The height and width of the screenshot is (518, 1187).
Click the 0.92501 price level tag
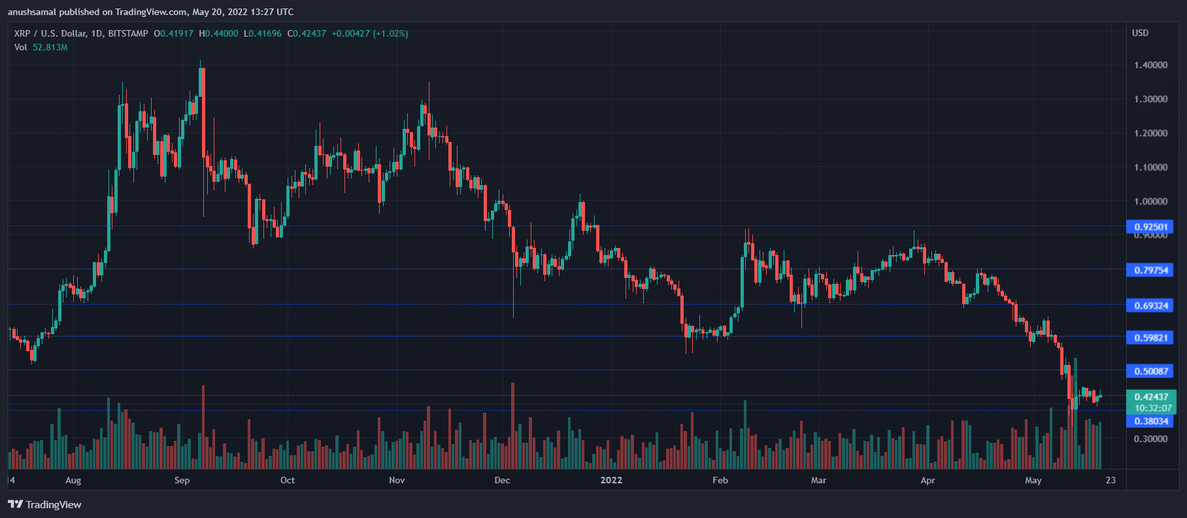click(x=1150, y=227)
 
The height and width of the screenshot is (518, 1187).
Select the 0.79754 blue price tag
click(x=1150, y=270)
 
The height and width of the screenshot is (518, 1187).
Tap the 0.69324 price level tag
click(x=1150, y=305)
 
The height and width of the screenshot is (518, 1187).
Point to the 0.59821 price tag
click(x=1150, y=337)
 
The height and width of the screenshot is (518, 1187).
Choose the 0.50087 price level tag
click(x=1150, y=371)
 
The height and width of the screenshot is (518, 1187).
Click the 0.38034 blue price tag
click(x=1150, y=421)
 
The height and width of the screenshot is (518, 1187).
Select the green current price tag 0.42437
click(x=1151, y=397)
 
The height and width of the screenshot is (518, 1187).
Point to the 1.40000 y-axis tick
click(x=1150, y=65)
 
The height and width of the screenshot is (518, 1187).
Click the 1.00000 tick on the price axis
click(x=1150, y=201)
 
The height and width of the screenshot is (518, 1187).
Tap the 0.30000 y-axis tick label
click(x=1150, y=439)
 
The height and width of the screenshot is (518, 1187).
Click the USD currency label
click(x=1140, y=33)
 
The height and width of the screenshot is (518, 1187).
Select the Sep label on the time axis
click(x=182, y=480)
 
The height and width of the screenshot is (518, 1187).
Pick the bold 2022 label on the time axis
click(x=611, y=480)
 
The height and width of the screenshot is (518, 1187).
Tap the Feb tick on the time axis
click(x=720, y=480)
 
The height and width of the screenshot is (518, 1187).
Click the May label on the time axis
click(x=1033, y=480)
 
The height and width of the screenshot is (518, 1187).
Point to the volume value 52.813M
click(x=50, y=47)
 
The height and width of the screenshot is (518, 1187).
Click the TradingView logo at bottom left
click(x=44, y=504)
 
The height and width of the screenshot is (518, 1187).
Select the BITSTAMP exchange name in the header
click(x=128, y=33)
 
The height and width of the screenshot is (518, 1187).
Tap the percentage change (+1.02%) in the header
click(x=390, y=33)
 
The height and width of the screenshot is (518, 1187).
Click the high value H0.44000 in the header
click(x=218, y=33)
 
